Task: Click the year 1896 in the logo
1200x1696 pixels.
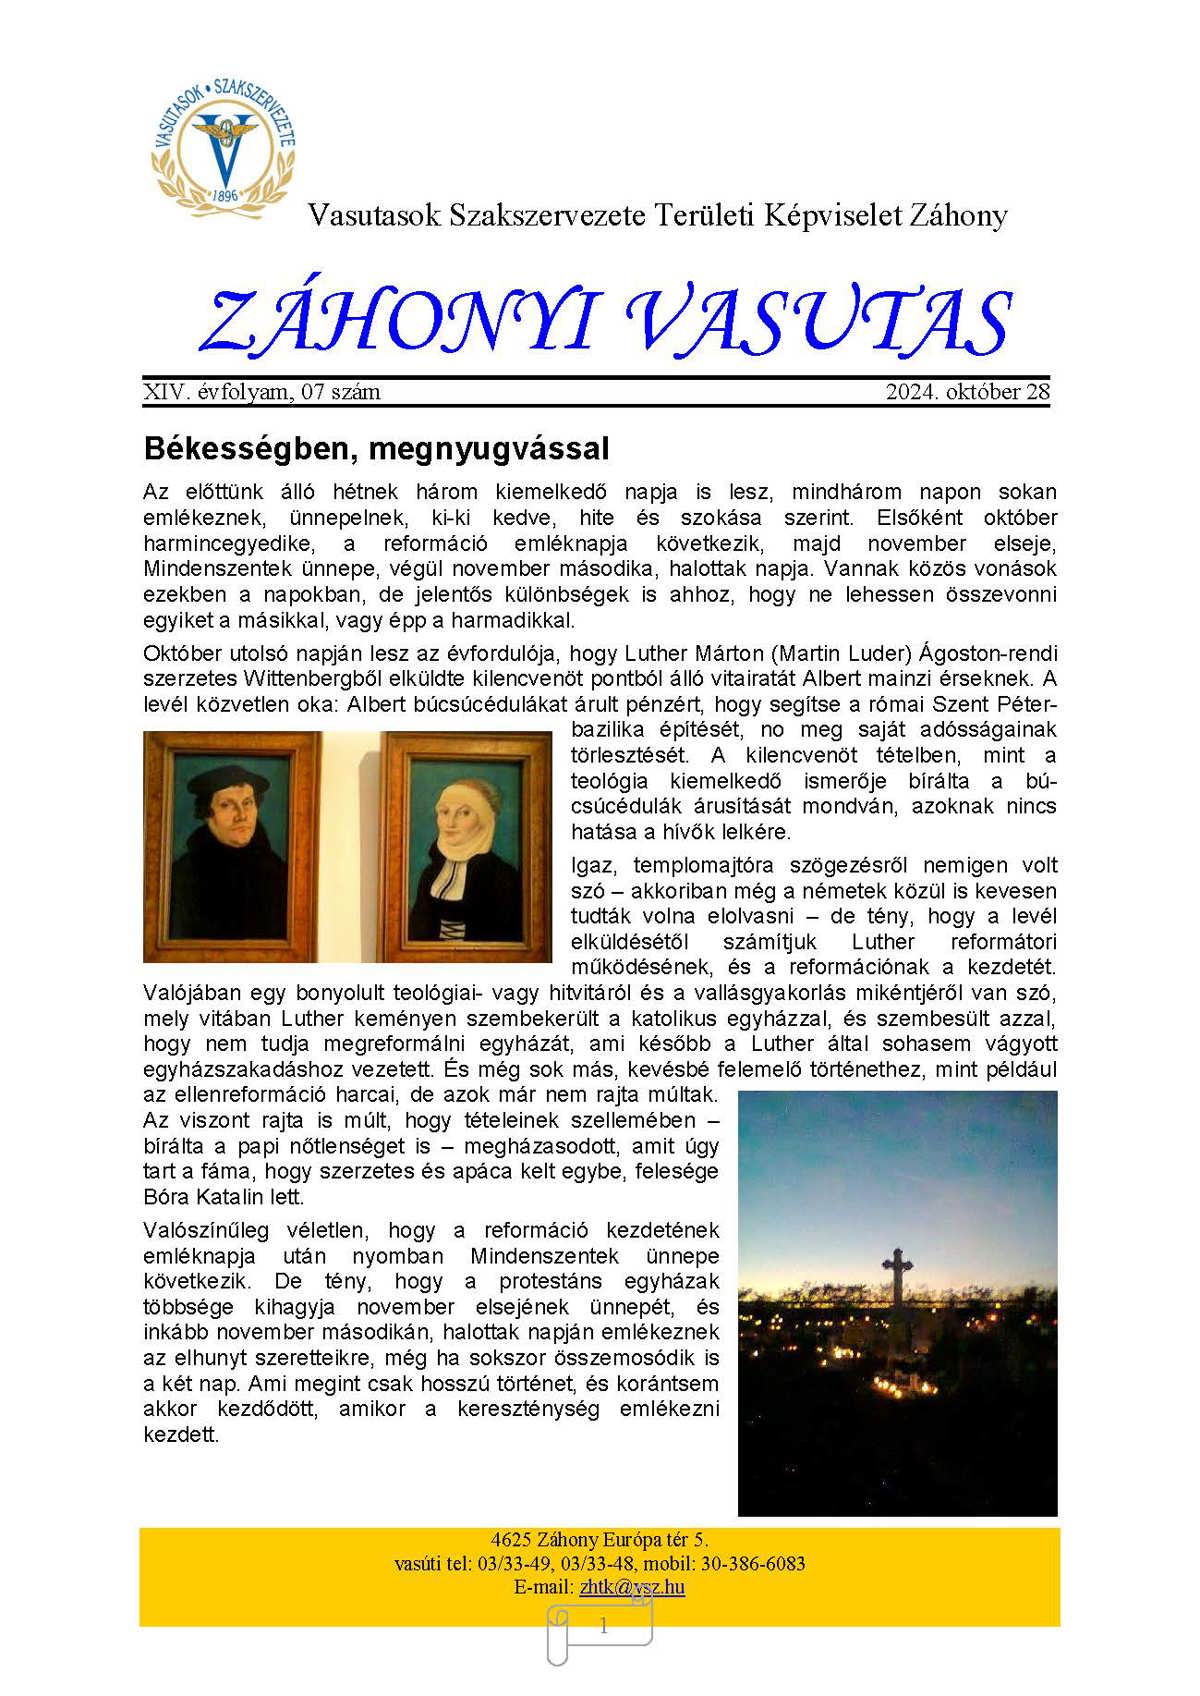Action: click(226, 196)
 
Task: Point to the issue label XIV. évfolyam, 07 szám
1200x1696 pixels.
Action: click(262, 392)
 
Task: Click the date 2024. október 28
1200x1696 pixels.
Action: click(967, 392)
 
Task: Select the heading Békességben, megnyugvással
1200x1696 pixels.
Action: click(376, 448)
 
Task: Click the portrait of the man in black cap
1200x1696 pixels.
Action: click(234, 845)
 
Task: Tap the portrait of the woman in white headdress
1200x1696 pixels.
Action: click(466, 845)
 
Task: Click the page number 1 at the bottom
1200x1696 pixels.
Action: click(603, 1627)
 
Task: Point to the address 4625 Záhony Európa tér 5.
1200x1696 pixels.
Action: click(599, 1539)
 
